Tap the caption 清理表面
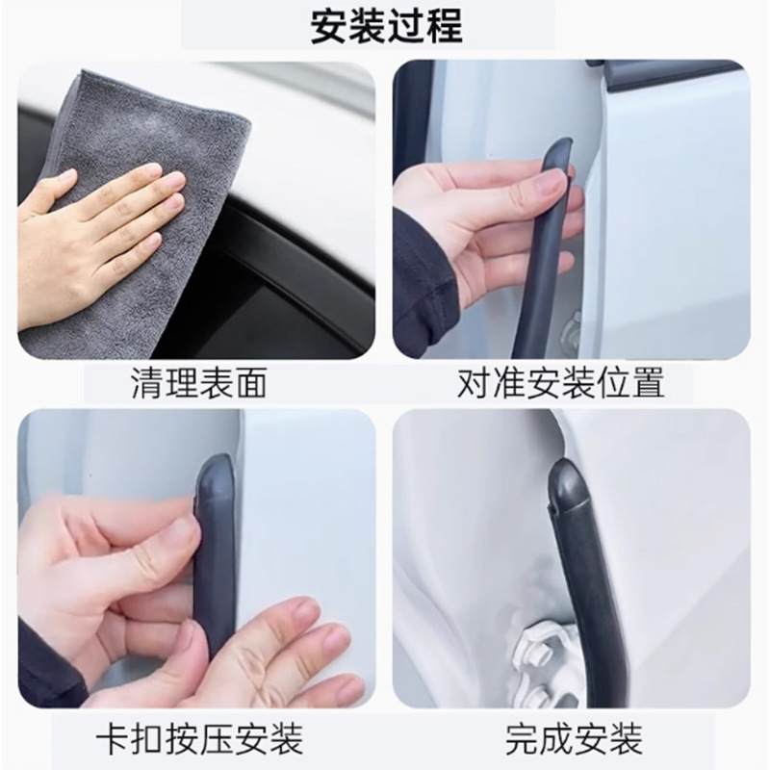199,382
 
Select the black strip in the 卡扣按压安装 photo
215,555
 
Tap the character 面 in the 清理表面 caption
251,382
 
